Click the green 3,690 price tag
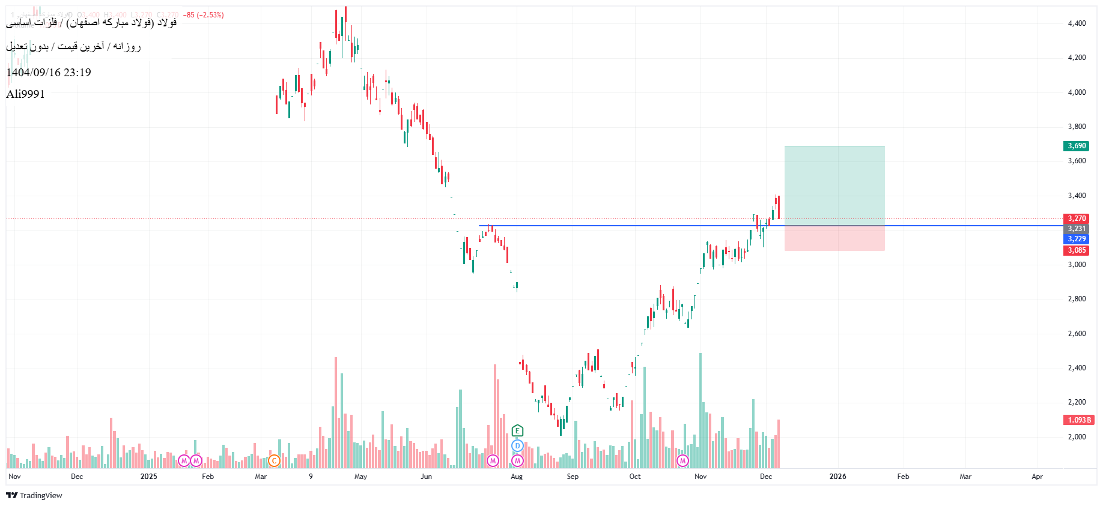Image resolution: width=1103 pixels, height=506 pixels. click(1076, 146)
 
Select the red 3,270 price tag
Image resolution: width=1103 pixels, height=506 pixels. click(1076, 218)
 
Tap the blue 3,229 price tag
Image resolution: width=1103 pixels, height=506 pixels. click(1076, 239)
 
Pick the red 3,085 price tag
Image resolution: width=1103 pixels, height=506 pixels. click(1076, 250)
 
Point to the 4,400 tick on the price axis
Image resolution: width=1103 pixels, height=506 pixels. click(1077, 23)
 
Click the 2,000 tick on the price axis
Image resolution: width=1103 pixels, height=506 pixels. click(1077, 437)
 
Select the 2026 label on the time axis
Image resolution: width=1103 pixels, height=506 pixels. click(837, 477)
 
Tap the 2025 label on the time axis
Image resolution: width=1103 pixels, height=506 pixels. click(148, 477)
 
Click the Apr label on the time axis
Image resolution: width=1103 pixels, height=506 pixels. click(1037, 477)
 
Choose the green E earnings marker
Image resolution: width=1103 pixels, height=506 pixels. click(517, 430)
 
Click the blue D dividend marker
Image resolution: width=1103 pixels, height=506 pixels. click(517, 446)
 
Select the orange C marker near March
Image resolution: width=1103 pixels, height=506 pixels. click(274, 461)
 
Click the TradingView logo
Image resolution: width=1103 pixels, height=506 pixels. click(34, 495)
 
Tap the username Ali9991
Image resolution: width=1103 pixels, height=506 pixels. click(25, 94)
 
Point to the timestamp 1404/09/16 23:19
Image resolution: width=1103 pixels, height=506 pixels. click(49, 73)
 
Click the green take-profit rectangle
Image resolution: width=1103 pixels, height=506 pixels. click(834, 185)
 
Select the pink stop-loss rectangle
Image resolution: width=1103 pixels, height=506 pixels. click(834, 238)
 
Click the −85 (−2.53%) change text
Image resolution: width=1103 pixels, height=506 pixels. click(203, 15)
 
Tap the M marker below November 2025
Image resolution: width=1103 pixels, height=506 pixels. click(682, 461)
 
